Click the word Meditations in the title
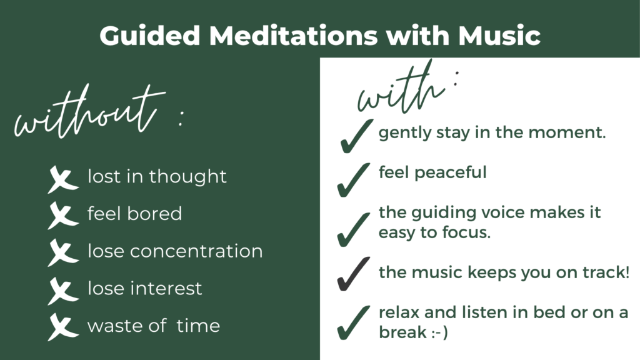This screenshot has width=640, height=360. pos(293,36)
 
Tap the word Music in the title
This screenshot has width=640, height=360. pos(499,36)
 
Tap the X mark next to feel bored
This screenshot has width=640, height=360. pos(62,216)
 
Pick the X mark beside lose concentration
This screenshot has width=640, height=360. pos(62,253)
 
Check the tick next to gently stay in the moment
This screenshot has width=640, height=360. pos(357,136)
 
